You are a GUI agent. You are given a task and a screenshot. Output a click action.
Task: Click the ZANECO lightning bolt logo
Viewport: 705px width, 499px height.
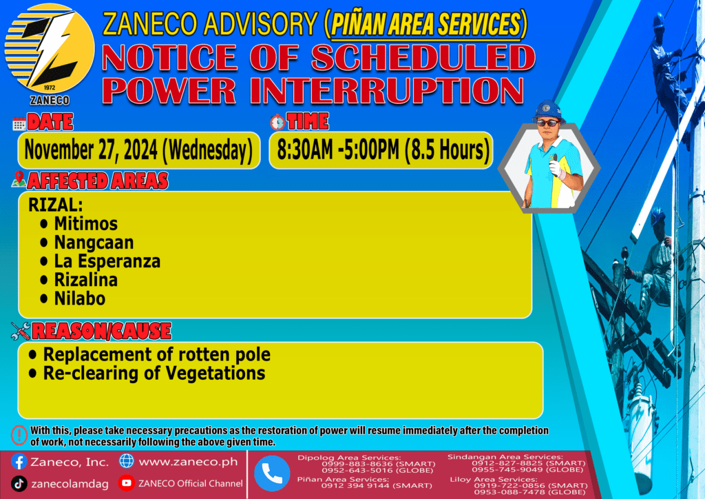coord(50,49)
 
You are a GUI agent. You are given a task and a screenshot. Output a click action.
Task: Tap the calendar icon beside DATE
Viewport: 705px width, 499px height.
coord(19,124)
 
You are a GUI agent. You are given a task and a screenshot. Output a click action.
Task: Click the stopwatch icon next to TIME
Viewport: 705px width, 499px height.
coord(277,123)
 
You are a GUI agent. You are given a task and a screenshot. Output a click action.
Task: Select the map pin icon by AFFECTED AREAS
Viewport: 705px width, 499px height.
coord(19,179)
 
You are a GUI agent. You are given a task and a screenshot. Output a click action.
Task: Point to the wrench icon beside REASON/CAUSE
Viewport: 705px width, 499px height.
coord(21,331)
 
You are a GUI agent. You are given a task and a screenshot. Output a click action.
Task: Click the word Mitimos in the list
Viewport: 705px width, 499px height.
coord(86,223)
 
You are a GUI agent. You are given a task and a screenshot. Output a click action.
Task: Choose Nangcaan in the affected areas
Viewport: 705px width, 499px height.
coord(94,243)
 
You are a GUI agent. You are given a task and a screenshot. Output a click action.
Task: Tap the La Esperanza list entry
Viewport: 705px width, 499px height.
coord(107,261)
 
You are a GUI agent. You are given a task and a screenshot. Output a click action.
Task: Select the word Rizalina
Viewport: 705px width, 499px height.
coord(86,280)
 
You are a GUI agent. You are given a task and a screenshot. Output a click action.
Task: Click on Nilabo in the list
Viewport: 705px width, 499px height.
coord(80,298)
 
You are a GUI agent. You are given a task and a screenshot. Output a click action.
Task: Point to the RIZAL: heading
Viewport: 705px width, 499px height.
coord(55,205)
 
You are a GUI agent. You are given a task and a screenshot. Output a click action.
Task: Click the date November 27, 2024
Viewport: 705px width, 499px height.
coord(91,150)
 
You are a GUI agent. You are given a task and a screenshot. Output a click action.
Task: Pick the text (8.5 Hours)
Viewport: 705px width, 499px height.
coord(447,150)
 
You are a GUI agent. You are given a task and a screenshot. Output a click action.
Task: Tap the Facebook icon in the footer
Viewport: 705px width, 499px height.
coord(19,462)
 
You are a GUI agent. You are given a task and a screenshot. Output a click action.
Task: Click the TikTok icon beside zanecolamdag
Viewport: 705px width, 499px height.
coord(19,484)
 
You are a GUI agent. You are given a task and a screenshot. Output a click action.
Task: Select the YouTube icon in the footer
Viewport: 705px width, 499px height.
coord(127,482)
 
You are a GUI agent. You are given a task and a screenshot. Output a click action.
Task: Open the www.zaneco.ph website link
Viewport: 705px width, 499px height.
coord(188,462)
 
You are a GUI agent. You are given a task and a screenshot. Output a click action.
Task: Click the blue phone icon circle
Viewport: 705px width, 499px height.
coord(272,473)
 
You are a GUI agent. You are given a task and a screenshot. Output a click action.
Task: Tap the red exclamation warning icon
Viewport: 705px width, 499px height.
coord(19,436)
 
